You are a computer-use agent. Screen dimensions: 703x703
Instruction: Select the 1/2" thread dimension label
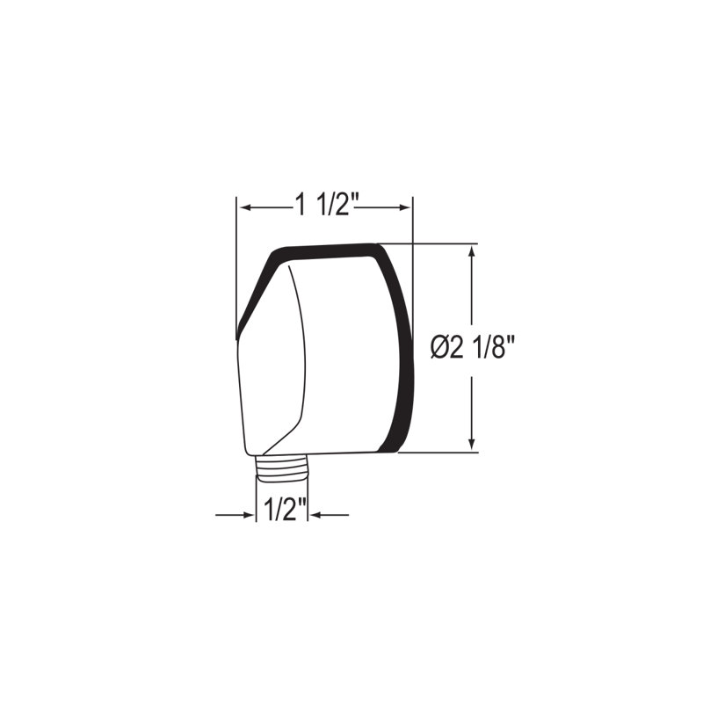(x=285, y=510)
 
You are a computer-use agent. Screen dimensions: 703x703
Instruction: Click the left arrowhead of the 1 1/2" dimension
(x=247, y=207)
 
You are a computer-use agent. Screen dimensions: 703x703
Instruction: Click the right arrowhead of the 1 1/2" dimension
(x=403, y=207)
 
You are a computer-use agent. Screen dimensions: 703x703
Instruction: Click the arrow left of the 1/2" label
(x=235, y=515)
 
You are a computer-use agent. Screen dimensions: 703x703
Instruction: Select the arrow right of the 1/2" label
(x=330, y=515)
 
